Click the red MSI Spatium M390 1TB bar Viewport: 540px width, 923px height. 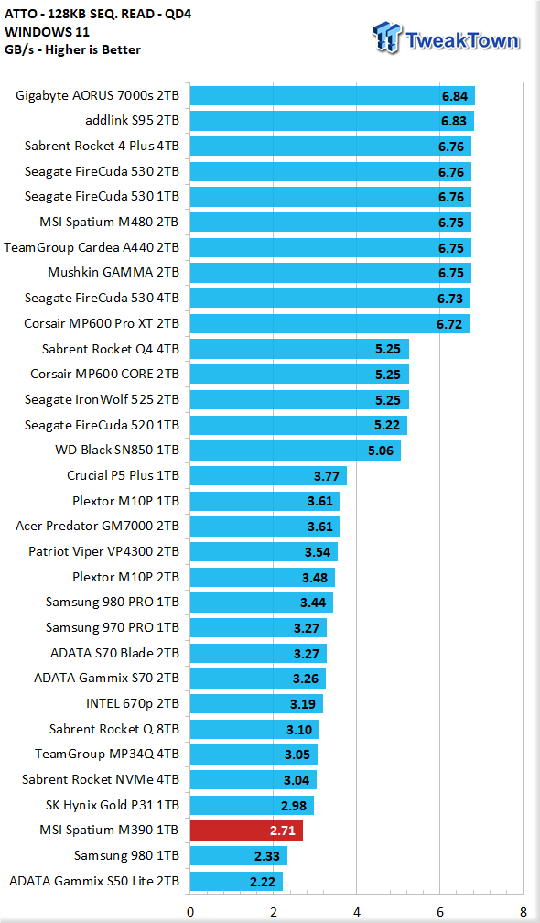[x=246, y=831]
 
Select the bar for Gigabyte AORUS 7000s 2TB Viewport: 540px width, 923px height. [x=332, y=96]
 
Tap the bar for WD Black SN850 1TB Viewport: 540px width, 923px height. [x=296, y=451]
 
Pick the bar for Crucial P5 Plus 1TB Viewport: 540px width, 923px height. [x=268, y=476]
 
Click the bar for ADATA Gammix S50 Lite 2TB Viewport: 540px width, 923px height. [x=236, y=881]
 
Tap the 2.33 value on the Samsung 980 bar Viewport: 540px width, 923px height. [x=266, y=856]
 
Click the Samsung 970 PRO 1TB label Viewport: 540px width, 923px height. [x=113, y=628]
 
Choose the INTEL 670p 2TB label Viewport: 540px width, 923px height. [x=133, y=704]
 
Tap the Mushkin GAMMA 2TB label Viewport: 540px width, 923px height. [x=113, y=273]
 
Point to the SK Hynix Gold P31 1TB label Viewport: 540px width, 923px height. [x=113, y=805]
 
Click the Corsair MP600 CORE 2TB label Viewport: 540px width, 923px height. [x=104, y=375]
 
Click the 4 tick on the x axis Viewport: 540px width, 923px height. [x=356, y=913]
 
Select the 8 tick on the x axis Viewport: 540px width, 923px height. [x=523, y=913]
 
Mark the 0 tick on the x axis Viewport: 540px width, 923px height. [x=190, y=913]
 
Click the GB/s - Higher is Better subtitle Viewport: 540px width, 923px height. [x=73, y=50]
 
